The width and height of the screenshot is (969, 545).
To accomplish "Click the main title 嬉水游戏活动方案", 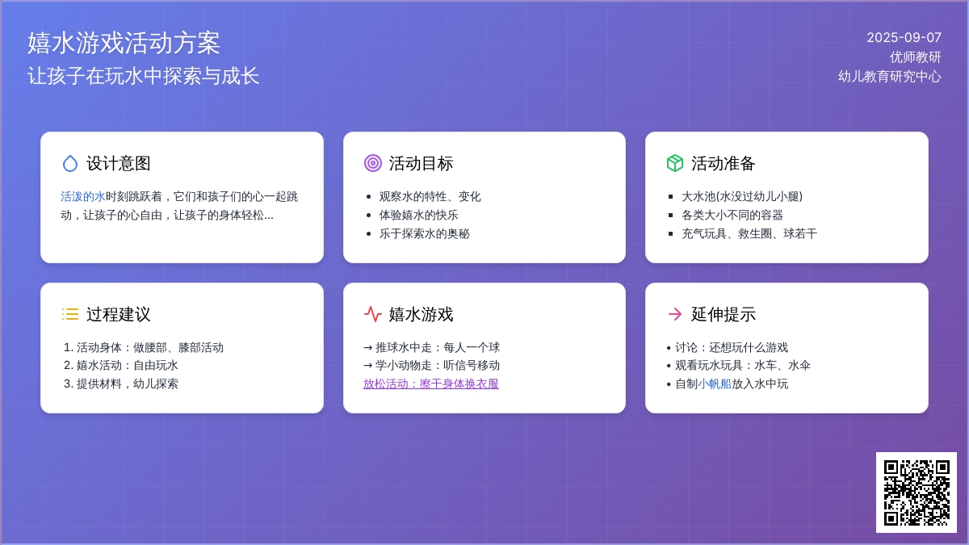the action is (124, 43).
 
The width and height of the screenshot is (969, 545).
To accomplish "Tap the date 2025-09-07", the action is (904, 38).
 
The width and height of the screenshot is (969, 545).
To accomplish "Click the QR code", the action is (917, 493).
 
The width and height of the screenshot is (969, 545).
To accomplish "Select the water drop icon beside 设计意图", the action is (70, 163).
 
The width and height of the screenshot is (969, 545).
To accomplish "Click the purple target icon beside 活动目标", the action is (373, 163).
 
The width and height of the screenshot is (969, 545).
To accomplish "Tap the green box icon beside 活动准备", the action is (675, 163).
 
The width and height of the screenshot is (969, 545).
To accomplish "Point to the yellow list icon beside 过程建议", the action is (70, 314).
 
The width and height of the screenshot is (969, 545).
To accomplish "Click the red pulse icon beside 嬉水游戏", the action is (373, 314).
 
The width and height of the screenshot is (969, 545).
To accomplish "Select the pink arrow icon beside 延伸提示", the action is (675, 314).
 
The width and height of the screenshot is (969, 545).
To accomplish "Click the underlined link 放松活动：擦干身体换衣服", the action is (431, 384).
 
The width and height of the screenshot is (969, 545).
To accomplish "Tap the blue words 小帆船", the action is (714, 384).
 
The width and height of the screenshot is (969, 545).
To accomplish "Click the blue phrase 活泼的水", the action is (83, 197).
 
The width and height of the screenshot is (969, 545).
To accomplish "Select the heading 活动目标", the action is (421, 163).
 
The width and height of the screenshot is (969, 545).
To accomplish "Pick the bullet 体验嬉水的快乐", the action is (418, 215).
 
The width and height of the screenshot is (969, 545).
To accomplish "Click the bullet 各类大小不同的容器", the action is (732, 215).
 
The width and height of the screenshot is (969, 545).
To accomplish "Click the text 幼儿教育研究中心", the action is (889, 77).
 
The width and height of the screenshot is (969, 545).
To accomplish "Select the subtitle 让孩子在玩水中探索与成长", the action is (143, 76).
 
